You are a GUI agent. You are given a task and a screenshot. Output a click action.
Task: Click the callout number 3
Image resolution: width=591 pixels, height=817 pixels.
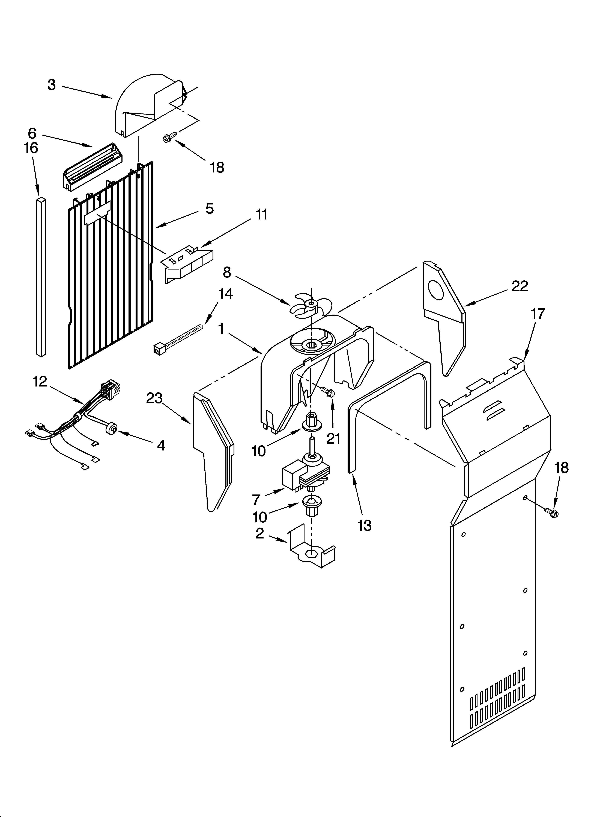click(x=52, y=85)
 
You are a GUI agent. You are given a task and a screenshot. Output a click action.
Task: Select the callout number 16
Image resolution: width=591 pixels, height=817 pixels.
click(x=31, y=148)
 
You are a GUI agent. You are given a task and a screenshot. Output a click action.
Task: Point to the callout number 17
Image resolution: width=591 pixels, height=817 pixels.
click(x=538, y=314)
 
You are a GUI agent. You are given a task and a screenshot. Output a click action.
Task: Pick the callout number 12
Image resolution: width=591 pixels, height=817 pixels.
click(x=40, y=382)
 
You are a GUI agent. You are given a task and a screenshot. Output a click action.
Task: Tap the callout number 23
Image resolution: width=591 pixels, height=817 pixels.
click(x=154, y=398)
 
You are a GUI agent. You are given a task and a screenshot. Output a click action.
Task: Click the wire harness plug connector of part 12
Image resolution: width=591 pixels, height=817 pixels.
click(x=109, y=389)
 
